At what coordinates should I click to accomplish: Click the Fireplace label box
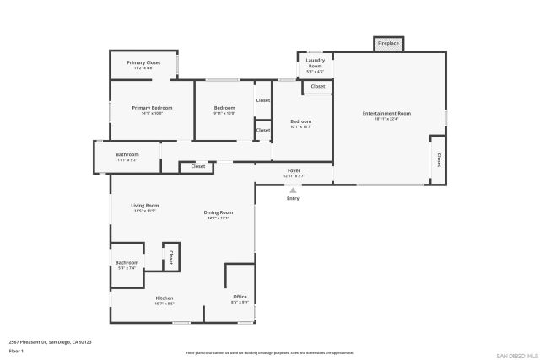(x=388, y=43)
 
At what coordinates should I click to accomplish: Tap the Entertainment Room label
(x=386, y=113)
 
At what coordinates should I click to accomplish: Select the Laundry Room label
(x=315, y=63)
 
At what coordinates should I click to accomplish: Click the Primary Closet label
(x=143, y=63)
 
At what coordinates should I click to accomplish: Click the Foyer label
(x=294, y=171)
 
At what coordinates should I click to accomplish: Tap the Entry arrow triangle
(x=293, y=191)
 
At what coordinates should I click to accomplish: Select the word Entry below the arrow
(x=293, y=198)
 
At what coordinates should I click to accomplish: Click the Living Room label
(x=145, y=206)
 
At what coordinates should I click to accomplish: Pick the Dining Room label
(x=218, y=212)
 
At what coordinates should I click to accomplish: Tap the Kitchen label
(x=165, y=298)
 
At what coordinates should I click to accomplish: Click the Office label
(x=240, y=297)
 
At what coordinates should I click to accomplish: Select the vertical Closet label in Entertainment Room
(x=439, y=159)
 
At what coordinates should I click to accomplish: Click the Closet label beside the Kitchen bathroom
(x=170, y=256)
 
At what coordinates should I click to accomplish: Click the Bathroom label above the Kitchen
(x=127, y=263)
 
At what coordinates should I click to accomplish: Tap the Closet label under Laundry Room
(x=317, y=87)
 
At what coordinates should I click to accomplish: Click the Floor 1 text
(x=17, y=350)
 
